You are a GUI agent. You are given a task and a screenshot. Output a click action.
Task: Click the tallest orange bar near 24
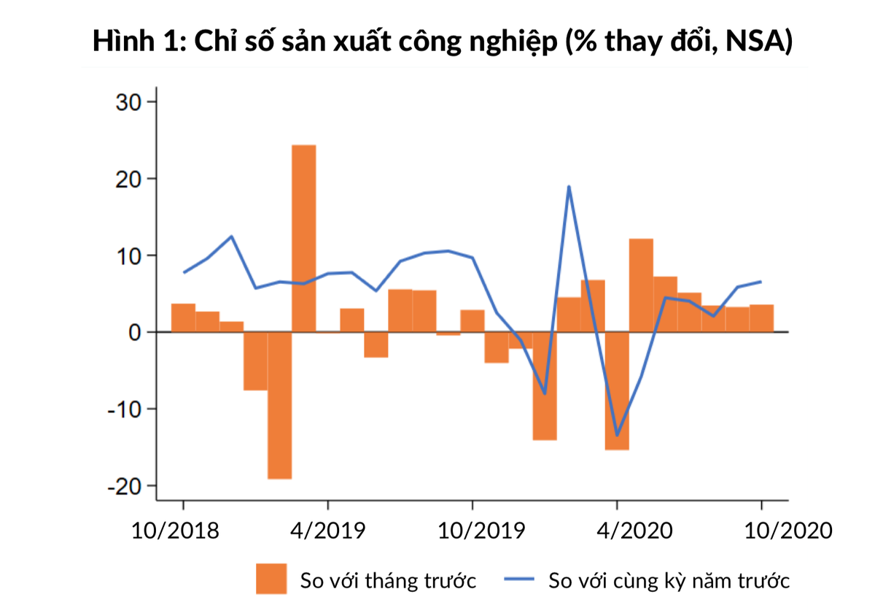pyautogui.click(x=303, y=238)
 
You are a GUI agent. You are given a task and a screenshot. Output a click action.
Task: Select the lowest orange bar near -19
pyautogui.click(x=279, y=405)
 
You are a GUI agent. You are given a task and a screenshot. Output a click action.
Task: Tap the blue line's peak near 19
pyautogui.click(x=568, y=187)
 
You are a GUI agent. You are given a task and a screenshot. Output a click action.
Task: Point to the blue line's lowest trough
pyautogui.click(x=617, y=435)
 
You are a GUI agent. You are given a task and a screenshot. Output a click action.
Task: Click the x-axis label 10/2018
pyautogui.click(x=175, y=530)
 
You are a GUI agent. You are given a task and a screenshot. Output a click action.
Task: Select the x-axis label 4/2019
pyautogui.click(x=328, y=530)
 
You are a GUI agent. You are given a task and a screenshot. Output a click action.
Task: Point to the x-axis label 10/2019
pyautogui.click(x=481, y=530)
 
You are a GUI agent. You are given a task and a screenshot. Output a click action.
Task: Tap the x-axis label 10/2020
pyautogui.click(x=788, y=530)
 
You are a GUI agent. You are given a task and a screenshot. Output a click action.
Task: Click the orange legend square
pyautogui.click(x=271, y=580)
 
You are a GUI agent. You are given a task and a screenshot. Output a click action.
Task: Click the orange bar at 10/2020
pyautogui.click(x=762, y=318)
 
